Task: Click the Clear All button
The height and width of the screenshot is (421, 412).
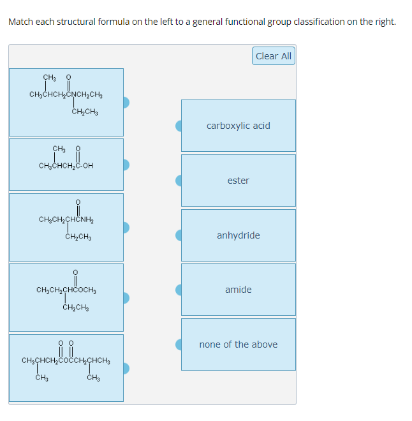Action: tap(273, 56)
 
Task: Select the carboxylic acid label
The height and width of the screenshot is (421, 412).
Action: tap(238, 126)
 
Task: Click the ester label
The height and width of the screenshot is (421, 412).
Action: tap(238, 181)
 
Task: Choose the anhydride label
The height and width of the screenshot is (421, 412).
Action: tap(238, 235)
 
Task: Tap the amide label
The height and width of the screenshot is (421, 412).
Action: tap(238, 290)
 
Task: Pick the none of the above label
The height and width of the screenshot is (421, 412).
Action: tap(238, 344)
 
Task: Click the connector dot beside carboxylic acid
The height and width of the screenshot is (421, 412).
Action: tap(180, 126)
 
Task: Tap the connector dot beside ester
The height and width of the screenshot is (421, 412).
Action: tap(180, 181)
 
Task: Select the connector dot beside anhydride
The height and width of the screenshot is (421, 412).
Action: tap(180, 235)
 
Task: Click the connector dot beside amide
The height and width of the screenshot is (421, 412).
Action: tap(180, 290)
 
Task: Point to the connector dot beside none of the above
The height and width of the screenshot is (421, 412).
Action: tap(180, 344)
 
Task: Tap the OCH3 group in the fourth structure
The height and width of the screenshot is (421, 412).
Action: tap(86, 291)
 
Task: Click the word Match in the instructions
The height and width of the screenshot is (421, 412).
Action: tap(21, 22)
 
